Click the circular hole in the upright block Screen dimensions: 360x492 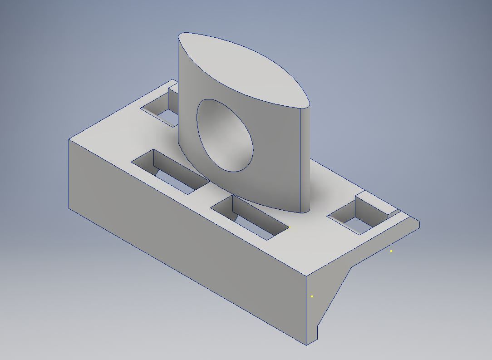click(225, 135)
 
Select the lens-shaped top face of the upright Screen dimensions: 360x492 click(243, 68)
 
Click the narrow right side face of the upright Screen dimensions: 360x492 click(305, 159)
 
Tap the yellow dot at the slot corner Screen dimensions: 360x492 click(289, 227)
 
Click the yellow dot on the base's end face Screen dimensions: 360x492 click(312, 296)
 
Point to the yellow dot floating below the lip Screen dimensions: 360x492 click(391, 251)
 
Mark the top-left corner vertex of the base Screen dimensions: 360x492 click(69, 139)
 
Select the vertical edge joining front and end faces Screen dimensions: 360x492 click(306, 309)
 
